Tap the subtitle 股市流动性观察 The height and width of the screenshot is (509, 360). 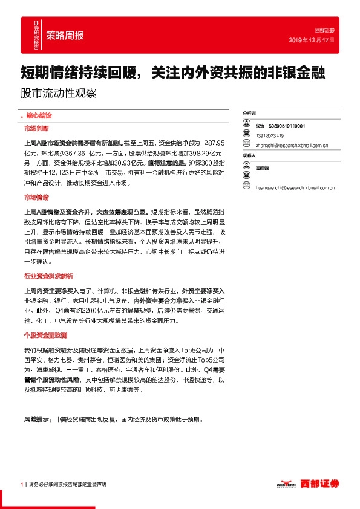pos(58,94)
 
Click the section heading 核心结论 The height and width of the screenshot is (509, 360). pos(36,115)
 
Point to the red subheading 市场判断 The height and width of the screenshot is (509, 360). pos(37,129)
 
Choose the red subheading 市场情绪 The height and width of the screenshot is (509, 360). pos(37,198)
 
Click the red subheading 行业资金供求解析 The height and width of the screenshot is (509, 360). pos(48,259)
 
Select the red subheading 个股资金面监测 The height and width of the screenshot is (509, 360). pos(45,335)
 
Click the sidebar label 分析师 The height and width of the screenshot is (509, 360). pos(249,113)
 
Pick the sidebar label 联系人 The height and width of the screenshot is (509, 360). pos(249,155)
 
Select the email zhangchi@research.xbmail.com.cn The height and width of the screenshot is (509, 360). pos(292,145)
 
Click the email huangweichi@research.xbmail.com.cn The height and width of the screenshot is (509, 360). pos(296,188)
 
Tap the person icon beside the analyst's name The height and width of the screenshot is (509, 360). pos(246,124)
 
